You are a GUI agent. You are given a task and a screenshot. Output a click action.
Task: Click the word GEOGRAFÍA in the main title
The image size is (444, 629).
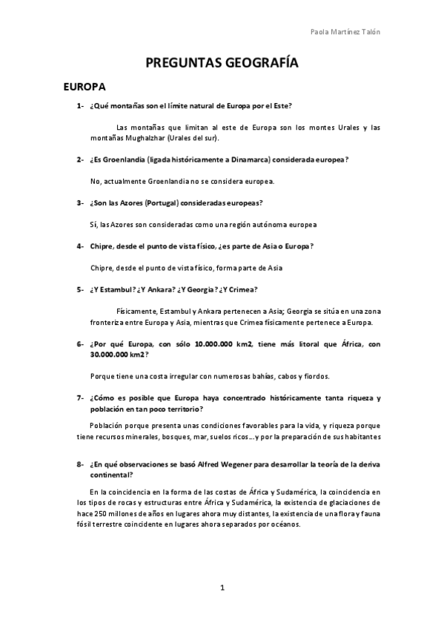(256, 64)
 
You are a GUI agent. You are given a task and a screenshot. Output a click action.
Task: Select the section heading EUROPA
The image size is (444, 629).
(85, 88)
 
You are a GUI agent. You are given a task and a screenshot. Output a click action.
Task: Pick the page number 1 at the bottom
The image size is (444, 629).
(222, 588)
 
